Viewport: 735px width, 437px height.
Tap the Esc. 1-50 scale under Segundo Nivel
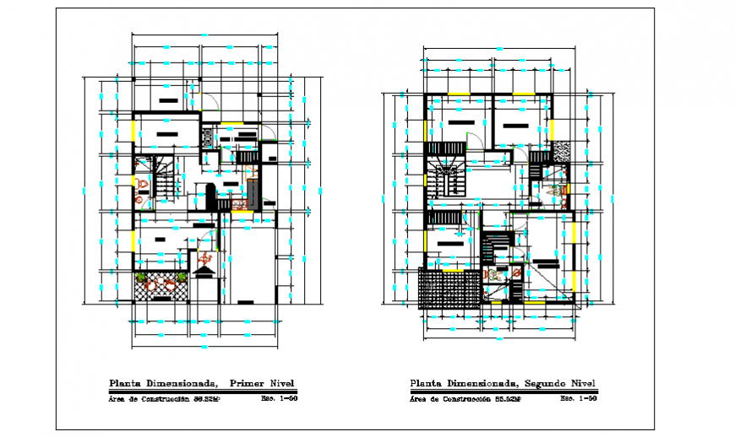[x=580, y=398]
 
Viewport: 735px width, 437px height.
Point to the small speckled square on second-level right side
[x=562, y=149]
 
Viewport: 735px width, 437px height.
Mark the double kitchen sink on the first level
[x=206, y=137]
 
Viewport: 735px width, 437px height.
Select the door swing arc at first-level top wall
[x=211, y=102]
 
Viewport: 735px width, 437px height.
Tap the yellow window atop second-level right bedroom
[x=524, y=94]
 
